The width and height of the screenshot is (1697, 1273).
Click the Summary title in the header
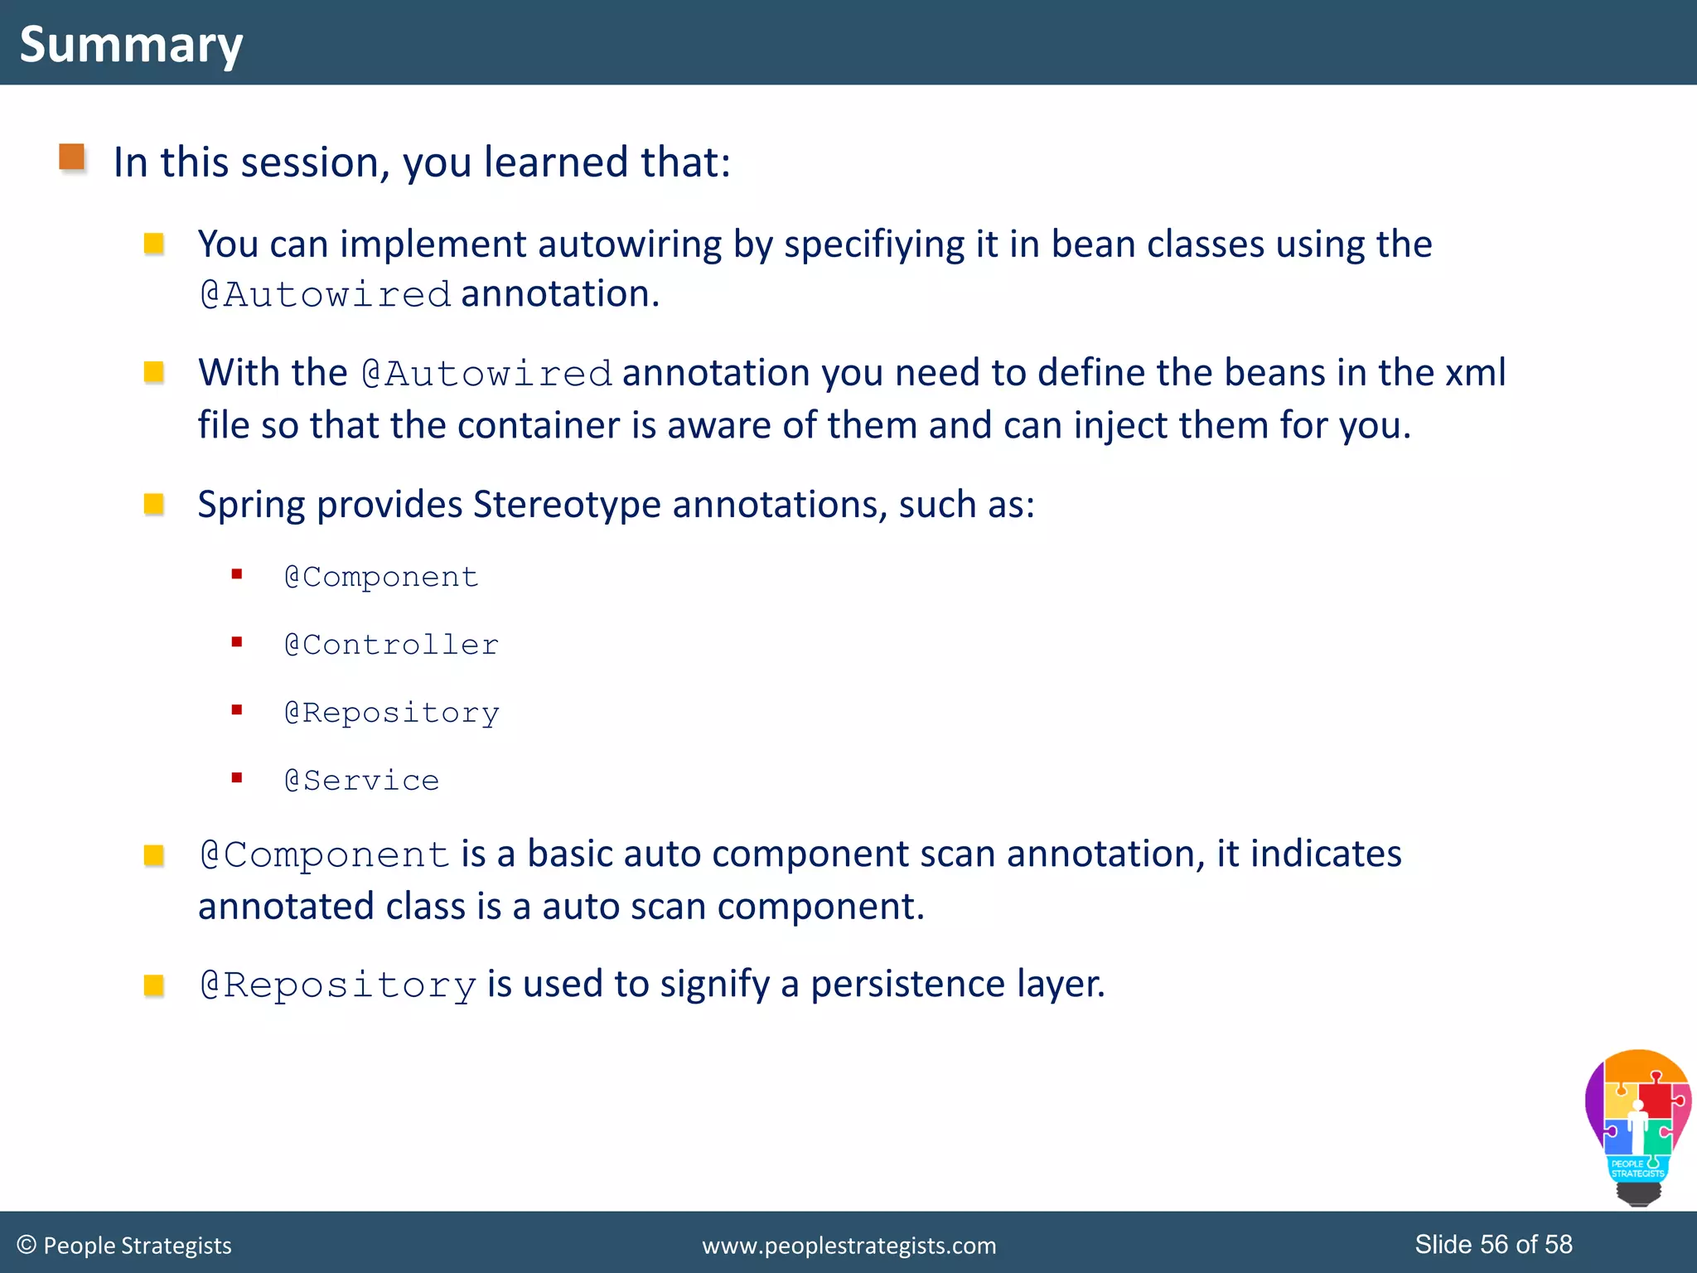coord(131,44)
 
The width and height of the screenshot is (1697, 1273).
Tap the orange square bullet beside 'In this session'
coord(72,157)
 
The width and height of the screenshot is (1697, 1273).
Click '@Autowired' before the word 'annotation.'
coord(325,295)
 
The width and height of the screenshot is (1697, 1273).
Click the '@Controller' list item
coord(391,645)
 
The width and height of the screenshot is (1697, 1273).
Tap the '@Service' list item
coord(361,781)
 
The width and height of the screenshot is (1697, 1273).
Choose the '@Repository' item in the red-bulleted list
coord(392,713)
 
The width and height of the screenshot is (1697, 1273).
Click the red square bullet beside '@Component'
coord(237,574)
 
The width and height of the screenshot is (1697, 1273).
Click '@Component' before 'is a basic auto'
coord(325,854)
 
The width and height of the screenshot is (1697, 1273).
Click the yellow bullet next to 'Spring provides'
coord(154,504)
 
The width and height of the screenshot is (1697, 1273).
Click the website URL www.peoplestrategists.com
coord(848,1246)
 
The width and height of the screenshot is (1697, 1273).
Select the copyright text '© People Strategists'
coord(124,1246)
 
